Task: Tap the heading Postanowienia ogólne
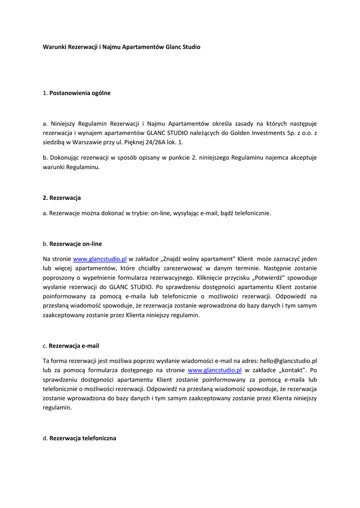pos(80,93)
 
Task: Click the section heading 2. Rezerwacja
pos(62,197)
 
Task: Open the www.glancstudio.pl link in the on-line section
pos(100,259)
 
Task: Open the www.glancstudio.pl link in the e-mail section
pos(215,370)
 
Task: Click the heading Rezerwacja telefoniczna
pos(82,438)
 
